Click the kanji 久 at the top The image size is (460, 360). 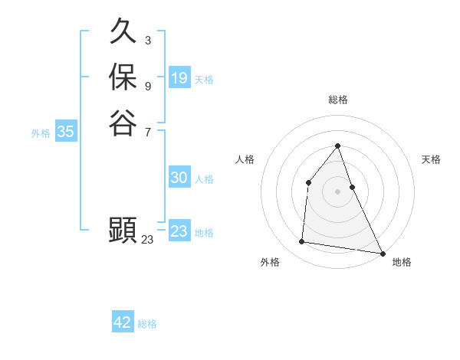click(x=123, y=32)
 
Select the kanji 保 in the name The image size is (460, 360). click(x=123, y=77)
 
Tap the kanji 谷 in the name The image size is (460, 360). click(x=123, y=123)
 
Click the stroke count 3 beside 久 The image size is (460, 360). click(x=147, y=40)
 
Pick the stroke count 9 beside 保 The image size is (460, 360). click(x=147, y=86)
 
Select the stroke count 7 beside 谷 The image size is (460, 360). click(x=147, y=131)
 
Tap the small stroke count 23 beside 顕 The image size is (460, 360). click(x=147, y=240)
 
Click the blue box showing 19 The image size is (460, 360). click(x=179, y=78)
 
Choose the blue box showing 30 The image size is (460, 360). click(x=179, y=178)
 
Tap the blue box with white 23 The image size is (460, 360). click(x=179, y=231)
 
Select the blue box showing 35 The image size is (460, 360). click(x=66, y=132)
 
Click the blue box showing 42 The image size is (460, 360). click(x=123, y=322)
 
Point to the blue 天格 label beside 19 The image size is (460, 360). click(x=205, y=80)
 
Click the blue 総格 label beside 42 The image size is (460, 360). click(x=148, y=324)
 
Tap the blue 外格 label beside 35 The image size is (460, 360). click(x=41, y=133)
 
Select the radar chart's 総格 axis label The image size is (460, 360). click(x=338, y=100)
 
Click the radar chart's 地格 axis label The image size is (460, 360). click(x=402, y=262)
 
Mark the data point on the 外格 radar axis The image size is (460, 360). click(x=302, y=242)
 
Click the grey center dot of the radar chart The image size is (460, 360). click(x=338, y=191)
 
